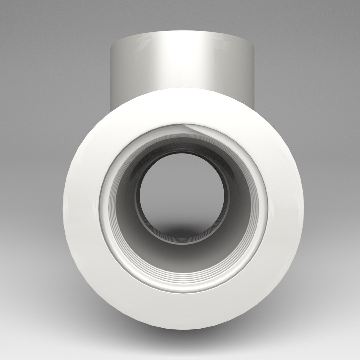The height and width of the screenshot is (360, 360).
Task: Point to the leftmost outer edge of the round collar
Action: click(x=63, y=207)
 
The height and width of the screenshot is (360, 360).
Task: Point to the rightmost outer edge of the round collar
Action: click(x=303, y=207)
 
